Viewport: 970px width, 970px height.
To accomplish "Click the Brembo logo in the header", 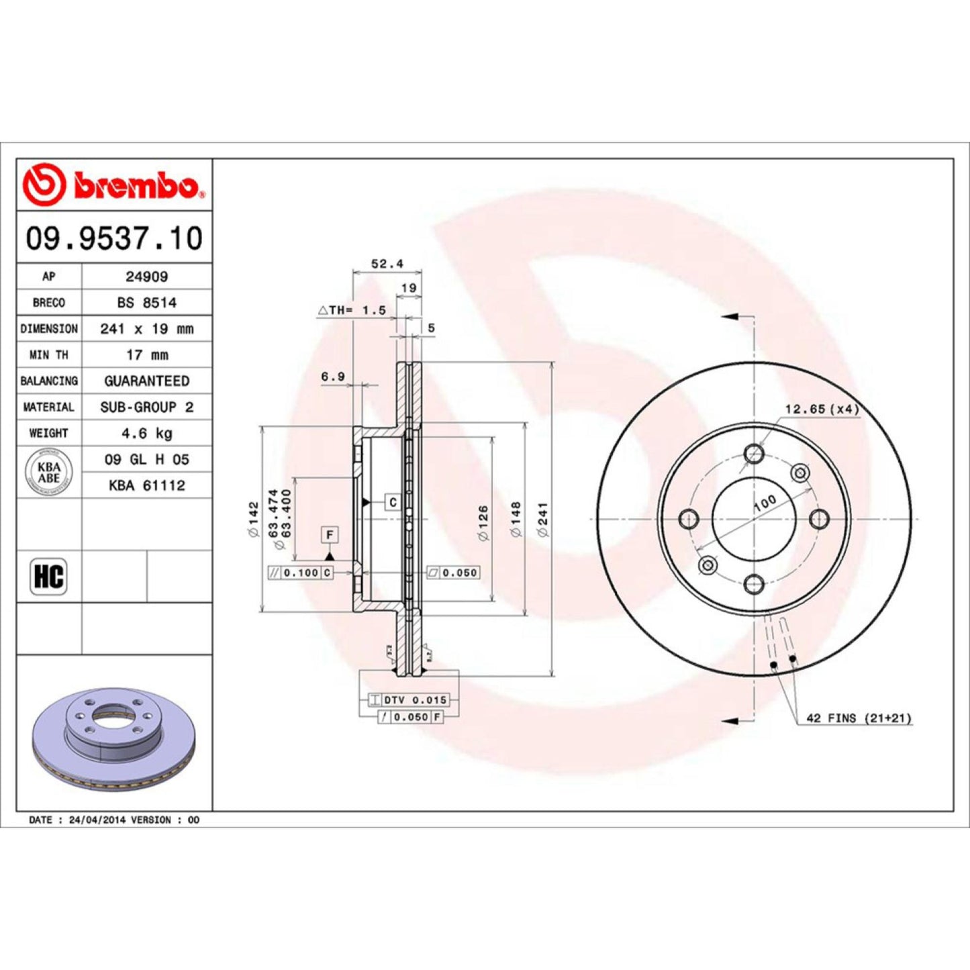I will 113,185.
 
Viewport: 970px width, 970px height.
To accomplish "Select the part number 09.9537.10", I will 114,239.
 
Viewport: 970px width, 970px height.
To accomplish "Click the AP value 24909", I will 146,277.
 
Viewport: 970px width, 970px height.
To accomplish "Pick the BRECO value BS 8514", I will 146,303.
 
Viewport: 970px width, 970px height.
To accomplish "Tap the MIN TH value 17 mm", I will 146,355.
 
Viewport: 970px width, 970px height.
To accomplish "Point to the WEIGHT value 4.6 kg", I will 146,434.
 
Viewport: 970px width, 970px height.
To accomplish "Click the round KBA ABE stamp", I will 48,473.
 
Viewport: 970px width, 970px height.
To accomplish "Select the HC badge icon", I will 48,577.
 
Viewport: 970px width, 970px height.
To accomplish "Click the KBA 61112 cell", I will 146,485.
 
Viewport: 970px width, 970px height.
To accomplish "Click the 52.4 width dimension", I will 387,264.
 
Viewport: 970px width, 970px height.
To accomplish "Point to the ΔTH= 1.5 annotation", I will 352,310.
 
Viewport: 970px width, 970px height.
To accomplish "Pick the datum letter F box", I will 330,535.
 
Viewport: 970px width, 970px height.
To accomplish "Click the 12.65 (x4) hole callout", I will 822,409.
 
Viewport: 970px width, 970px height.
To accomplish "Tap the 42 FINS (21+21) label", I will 859,718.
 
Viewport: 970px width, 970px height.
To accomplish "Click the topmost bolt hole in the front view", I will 754,454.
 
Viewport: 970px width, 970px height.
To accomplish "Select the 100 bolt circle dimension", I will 765,503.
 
